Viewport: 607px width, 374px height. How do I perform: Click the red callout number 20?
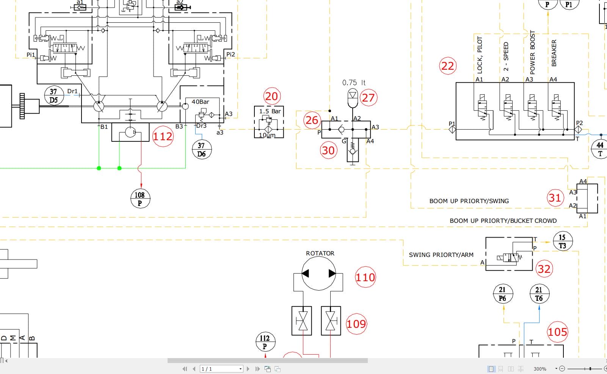[x=271, y=96]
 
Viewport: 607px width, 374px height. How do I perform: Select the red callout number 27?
[x=368, y=98]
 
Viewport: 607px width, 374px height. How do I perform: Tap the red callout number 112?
[x=163, y=136]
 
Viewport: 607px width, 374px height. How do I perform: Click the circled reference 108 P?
[x=140, y=199]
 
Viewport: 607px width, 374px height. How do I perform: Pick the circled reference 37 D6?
[x=202, y=149]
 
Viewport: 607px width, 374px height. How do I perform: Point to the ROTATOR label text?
[x=320, y=253]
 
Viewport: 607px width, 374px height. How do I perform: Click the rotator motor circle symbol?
[x=319, y=273]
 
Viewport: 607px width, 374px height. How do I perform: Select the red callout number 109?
[x=356, y=324]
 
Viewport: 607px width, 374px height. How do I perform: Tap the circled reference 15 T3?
[x=563, y=241]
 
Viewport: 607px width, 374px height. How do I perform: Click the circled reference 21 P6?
[x=503, y=294]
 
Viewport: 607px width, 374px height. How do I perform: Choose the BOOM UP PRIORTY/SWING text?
[x=469, y=201]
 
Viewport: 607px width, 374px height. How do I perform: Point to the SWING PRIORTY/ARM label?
[x=441, y=255]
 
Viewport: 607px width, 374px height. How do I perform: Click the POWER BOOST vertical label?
[x=532, y=52]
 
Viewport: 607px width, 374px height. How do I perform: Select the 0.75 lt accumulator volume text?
[x=353, y=82]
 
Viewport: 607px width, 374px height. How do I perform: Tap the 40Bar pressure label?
[x=200, y=102]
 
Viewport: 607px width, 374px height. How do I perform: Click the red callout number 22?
[x=447, y=66]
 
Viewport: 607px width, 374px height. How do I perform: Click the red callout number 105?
[x=557, y=332]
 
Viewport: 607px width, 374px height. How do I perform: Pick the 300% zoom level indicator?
[x=540, y=369]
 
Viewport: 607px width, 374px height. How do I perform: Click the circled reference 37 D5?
[x=54, y=95]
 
